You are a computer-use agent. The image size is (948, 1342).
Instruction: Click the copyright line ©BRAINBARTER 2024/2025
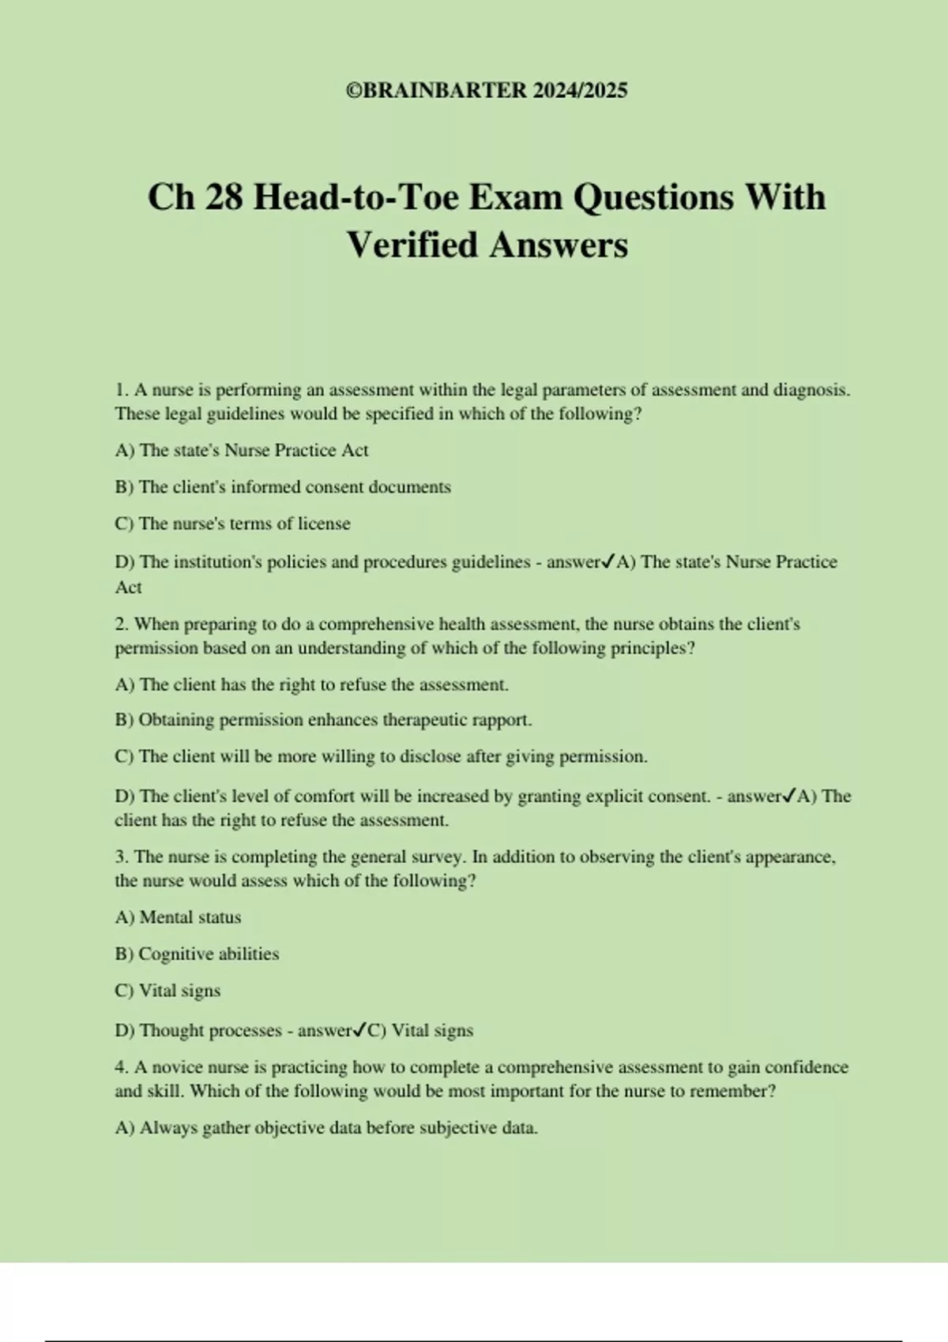(x=487, y=91)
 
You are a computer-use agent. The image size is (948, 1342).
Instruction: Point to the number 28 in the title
(x=224, y=197)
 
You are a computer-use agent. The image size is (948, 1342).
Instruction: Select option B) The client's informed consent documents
(x=283, y=487)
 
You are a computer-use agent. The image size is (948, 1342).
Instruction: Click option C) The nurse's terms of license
(x=232, y=523)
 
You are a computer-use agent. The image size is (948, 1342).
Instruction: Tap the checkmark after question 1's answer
(x=608, y=562)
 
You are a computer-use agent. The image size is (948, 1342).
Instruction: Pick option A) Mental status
(x=178, y=917)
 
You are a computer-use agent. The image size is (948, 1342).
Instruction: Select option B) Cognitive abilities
(x=197, y=954)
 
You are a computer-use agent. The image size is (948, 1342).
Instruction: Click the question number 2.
(x=121, y=624)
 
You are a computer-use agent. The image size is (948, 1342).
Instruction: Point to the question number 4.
(x=121, y=1067)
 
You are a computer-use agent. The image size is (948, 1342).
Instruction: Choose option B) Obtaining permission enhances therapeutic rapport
(x=323, y=720)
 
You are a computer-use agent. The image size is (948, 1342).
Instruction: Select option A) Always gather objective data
(x=326, y=1128)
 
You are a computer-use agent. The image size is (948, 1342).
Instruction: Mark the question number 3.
(x=121, y=857)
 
